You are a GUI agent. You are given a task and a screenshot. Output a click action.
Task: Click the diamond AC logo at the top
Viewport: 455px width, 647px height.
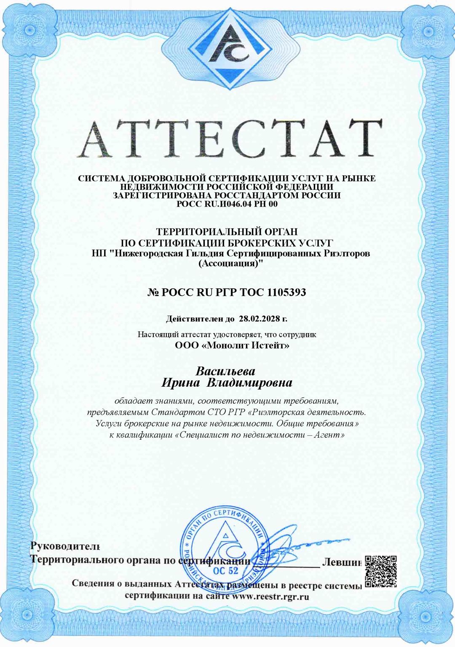pyautogui.click(x=227, y=47)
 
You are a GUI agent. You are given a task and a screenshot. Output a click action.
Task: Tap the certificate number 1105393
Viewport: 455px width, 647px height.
pyautogui.click(x=286, y=292)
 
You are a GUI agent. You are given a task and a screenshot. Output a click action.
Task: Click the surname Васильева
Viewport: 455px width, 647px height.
pyautogui.click(x=226, y=371)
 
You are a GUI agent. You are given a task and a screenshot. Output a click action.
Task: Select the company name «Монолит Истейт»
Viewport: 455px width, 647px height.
pyautogui.click(x=243, y=346)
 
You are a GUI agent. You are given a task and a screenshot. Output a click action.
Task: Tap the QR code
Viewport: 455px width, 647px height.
pyautogui.click(x=380, y=571)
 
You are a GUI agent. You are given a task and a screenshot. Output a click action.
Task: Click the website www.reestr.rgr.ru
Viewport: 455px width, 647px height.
pyautogui.click(x=271, y=597)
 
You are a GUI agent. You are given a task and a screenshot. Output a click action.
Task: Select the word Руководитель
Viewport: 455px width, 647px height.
pyautogui.click(x=65, y=546)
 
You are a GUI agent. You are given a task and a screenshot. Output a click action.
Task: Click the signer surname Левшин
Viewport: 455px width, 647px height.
pyautogui.click(x=342, y=562)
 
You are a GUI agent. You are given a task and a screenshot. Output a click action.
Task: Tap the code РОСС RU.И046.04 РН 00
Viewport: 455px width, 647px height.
pyautogui.click(x=227, y=204)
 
